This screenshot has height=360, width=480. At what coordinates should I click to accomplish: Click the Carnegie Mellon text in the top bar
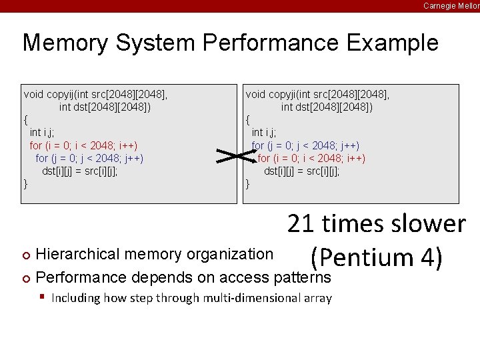point(451,5)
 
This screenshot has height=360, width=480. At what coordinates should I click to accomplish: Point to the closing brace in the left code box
point(26,183)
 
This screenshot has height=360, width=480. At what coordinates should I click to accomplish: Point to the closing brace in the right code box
point(248,183)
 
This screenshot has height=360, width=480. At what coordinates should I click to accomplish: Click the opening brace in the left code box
point(26,120)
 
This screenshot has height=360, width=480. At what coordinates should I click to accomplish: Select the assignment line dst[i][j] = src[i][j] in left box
point(80,171)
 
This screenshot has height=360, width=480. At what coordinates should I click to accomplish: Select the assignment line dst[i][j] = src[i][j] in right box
point(301,171)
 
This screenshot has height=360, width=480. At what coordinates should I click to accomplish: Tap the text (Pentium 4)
point(377,258)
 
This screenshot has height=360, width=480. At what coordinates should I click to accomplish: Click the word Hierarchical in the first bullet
point(75,254)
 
